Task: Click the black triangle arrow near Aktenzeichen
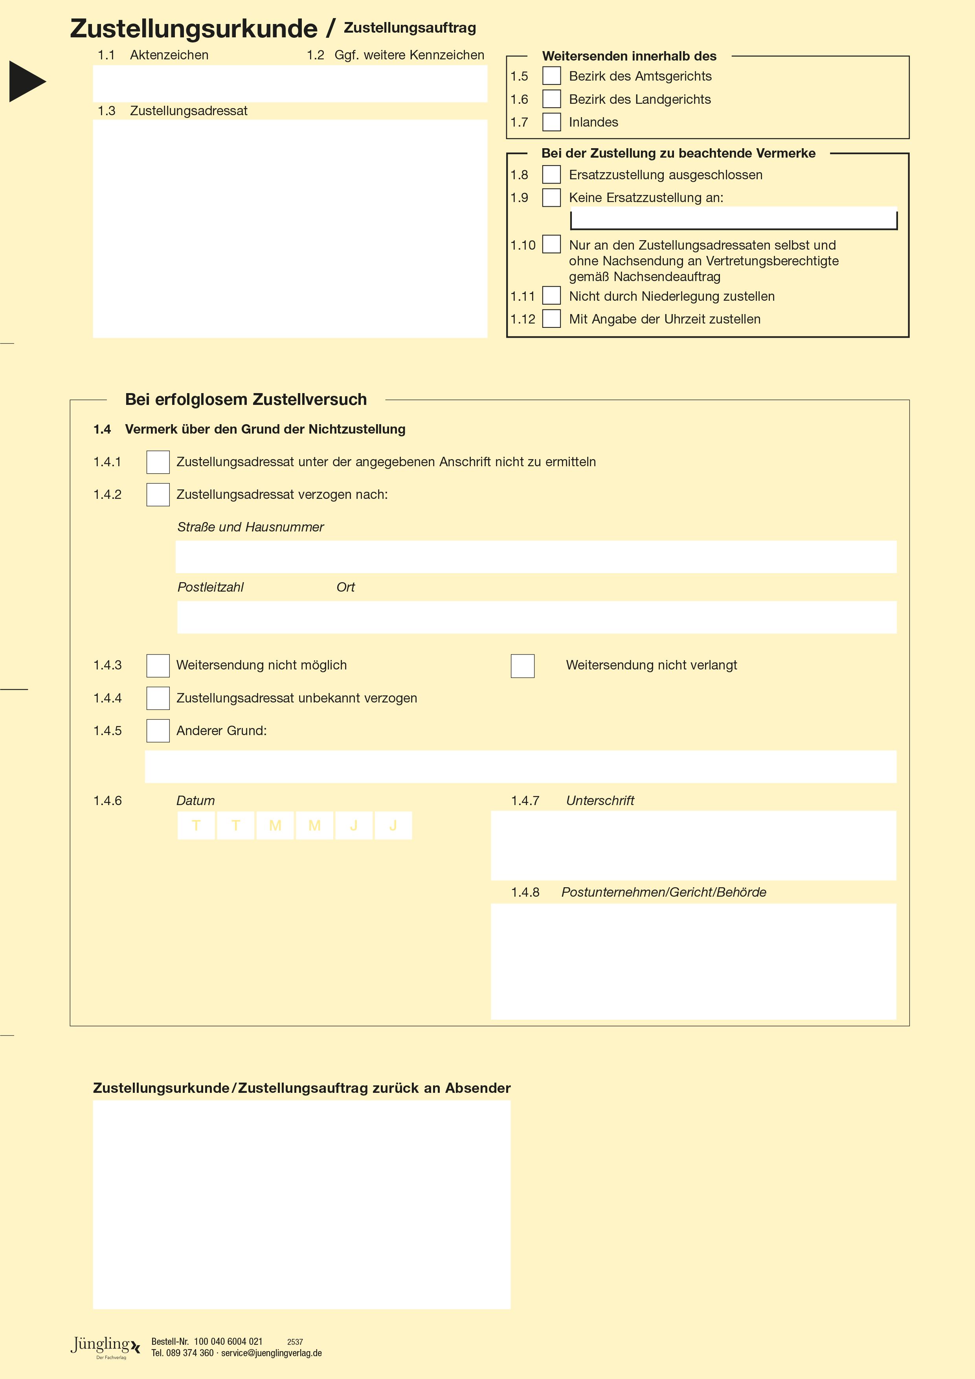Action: pos(26,81)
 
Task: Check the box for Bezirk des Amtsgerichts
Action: pos(551,76)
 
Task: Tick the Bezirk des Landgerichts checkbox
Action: pos(551,99)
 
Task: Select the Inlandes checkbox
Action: pos(551,122)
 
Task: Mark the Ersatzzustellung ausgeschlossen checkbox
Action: pos(551,175)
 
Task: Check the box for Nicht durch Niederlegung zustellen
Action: pos(551,296)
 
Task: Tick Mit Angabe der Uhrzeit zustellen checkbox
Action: pos(551,318)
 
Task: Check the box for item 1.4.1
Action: pos(158,462)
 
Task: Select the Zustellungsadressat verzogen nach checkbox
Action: pos(158,495)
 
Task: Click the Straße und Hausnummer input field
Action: pos(536,557)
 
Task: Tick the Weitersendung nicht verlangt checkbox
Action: pos(522,666)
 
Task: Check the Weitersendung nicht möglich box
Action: pos(158,666)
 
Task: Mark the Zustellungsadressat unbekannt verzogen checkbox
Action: pos(158,698)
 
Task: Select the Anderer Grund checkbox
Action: pos(158,730)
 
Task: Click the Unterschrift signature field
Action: pos(694,845)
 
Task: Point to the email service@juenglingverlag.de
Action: pos(272,1353)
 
